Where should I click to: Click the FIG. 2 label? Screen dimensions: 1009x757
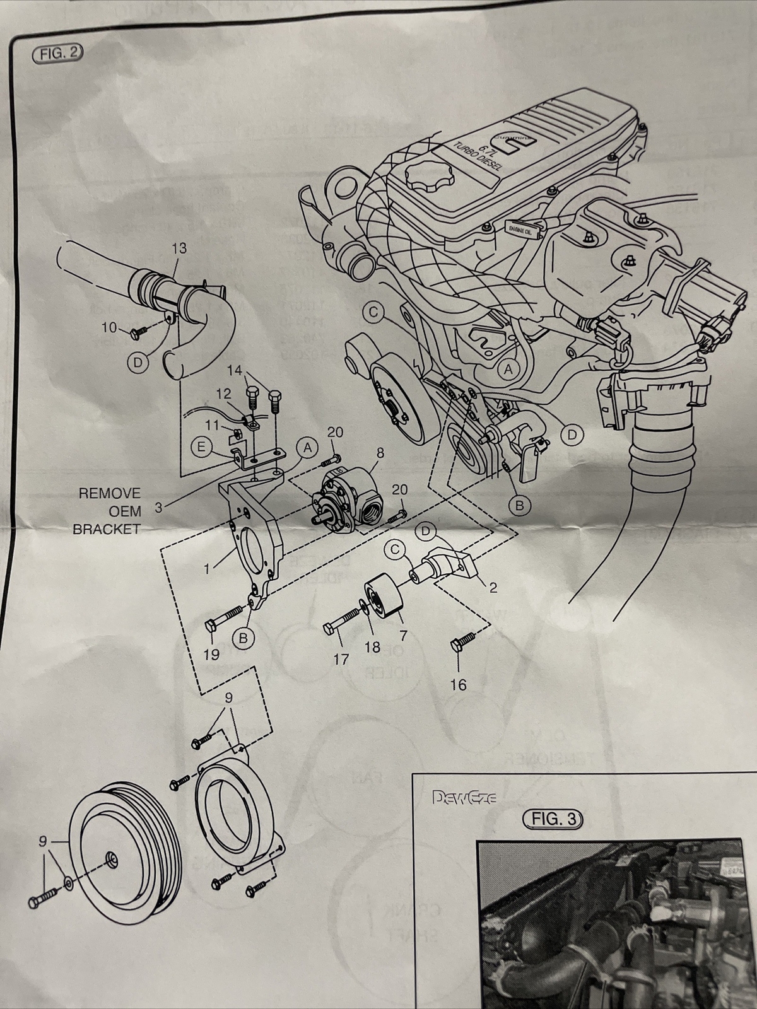click(57, 53)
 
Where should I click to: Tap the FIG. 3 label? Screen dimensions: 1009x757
click(553, 819)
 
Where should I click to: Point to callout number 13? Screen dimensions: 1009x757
click(179, 248)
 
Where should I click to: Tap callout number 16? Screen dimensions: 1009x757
click(459, 684)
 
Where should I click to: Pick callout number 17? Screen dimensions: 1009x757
click(341, 660)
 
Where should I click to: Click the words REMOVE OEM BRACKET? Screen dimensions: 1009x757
click(107, 511)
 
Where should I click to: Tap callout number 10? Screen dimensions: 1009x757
click(110, 327)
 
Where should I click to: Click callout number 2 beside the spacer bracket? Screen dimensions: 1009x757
click(493, 588)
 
